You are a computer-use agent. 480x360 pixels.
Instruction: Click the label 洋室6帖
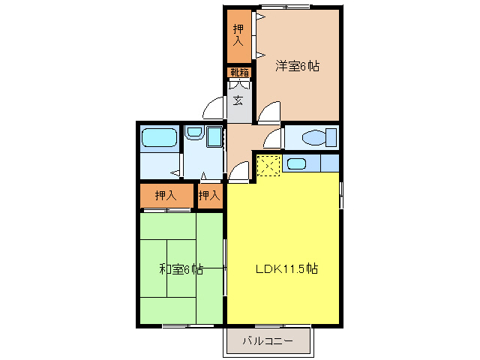click(x=297, y=66)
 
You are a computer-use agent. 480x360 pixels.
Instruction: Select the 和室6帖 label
click(x=180, y=268)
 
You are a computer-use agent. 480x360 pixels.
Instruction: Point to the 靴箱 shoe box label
click(x=239, y=73)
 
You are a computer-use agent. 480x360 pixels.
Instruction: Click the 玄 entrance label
click(x=238, y=99)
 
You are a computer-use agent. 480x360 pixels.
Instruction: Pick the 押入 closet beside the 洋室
click(x=238, y=35)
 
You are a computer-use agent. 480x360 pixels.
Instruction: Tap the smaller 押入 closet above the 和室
click(x=210, y=196)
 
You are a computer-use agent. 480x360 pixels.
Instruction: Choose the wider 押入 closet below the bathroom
click(x=166, y=196)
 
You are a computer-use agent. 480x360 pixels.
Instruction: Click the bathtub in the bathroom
click(x=157, y=137)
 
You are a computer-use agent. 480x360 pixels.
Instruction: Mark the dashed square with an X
click(x=268, y=165)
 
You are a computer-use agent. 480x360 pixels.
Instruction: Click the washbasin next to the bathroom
click(x=193, y=133)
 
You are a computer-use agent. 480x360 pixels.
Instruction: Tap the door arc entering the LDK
click(x=239, y=172)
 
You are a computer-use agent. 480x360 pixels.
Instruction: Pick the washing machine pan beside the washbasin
click(x=214, y=136)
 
